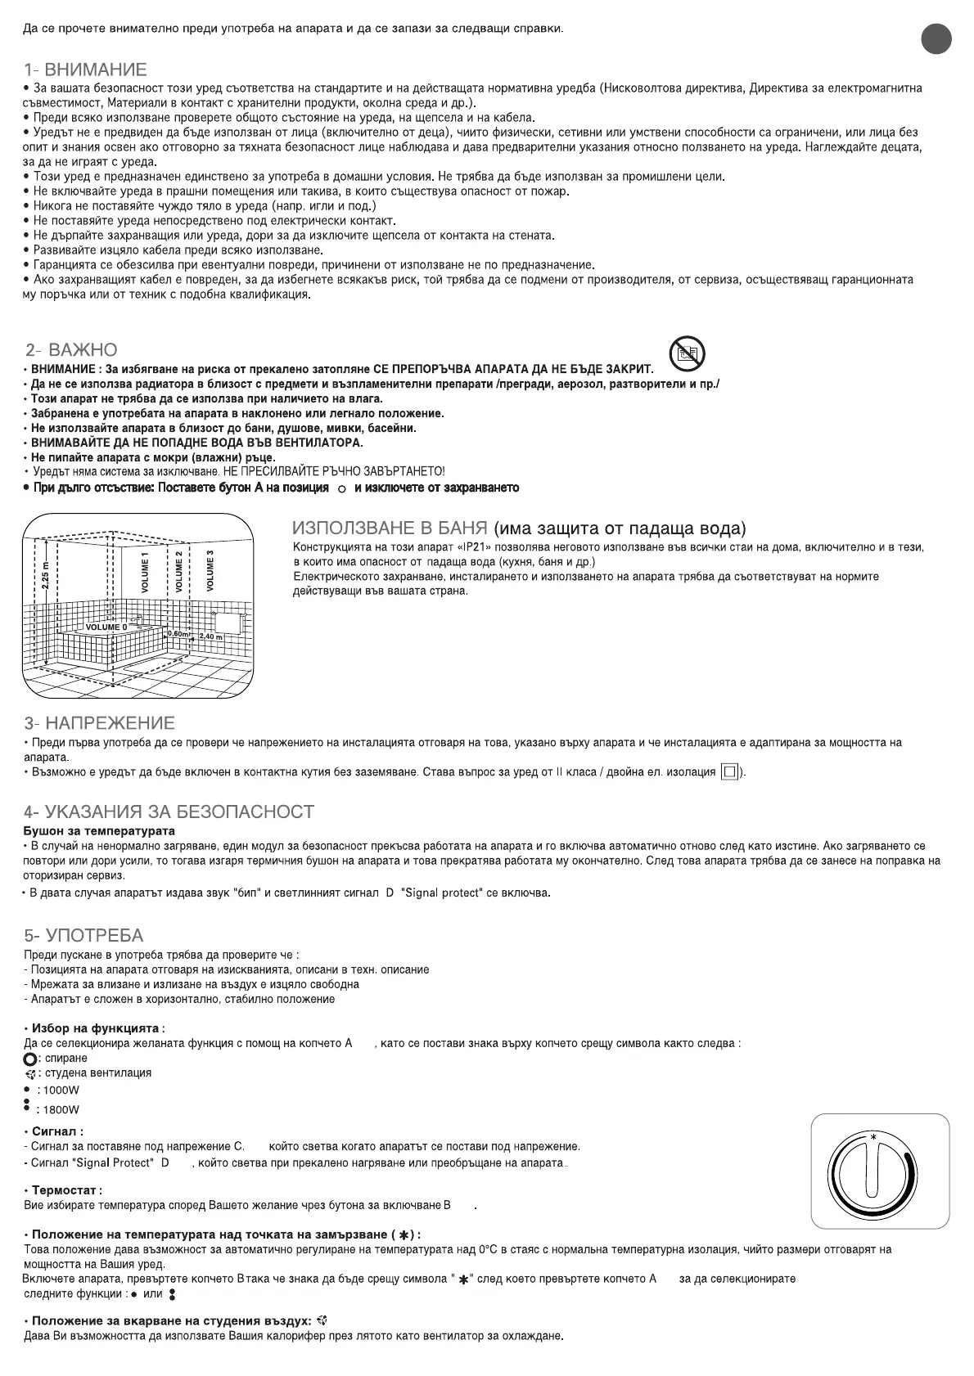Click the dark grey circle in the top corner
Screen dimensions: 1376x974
[x=936, y=39]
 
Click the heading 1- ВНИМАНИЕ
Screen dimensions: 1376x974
[x=85, y=70]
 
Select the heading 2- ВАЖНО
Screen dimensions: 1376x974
[x=71, y=350]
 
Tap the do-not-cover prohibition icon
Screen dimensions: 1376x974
[x=687, y=353]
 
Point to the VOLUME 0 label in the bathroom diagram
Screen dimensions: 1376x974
[x=101, y=627]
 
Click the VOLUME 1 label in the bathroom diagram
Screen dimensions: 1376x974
[x=146, y=572]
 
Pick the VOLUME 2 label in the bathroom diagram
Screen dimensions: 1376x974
[x=179, y=571]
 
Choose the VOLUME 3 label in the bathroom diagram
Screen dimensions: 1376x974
[x=211, y=570]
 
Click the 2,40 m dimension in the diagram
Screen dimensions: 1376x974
[x=210, y=636]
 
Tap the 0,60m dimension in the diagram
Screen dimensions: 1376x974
[x=178, y=632]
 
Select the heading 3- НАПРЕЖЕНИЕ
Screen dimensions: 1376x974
[x=99, y=723]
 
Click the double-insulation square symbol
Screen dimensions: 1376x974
[x=729, y=772]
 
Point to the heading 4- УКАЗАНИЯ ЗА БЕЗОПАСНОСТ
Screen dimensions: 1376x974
[x=169, y=812]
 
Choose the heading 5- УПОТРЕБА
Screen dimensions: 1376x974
[x=83, y=935]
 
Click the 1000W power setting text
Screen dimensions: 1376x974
[x=61, y=1090]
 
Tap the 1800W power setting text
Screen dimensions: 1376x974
[x=61, y=1110]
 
